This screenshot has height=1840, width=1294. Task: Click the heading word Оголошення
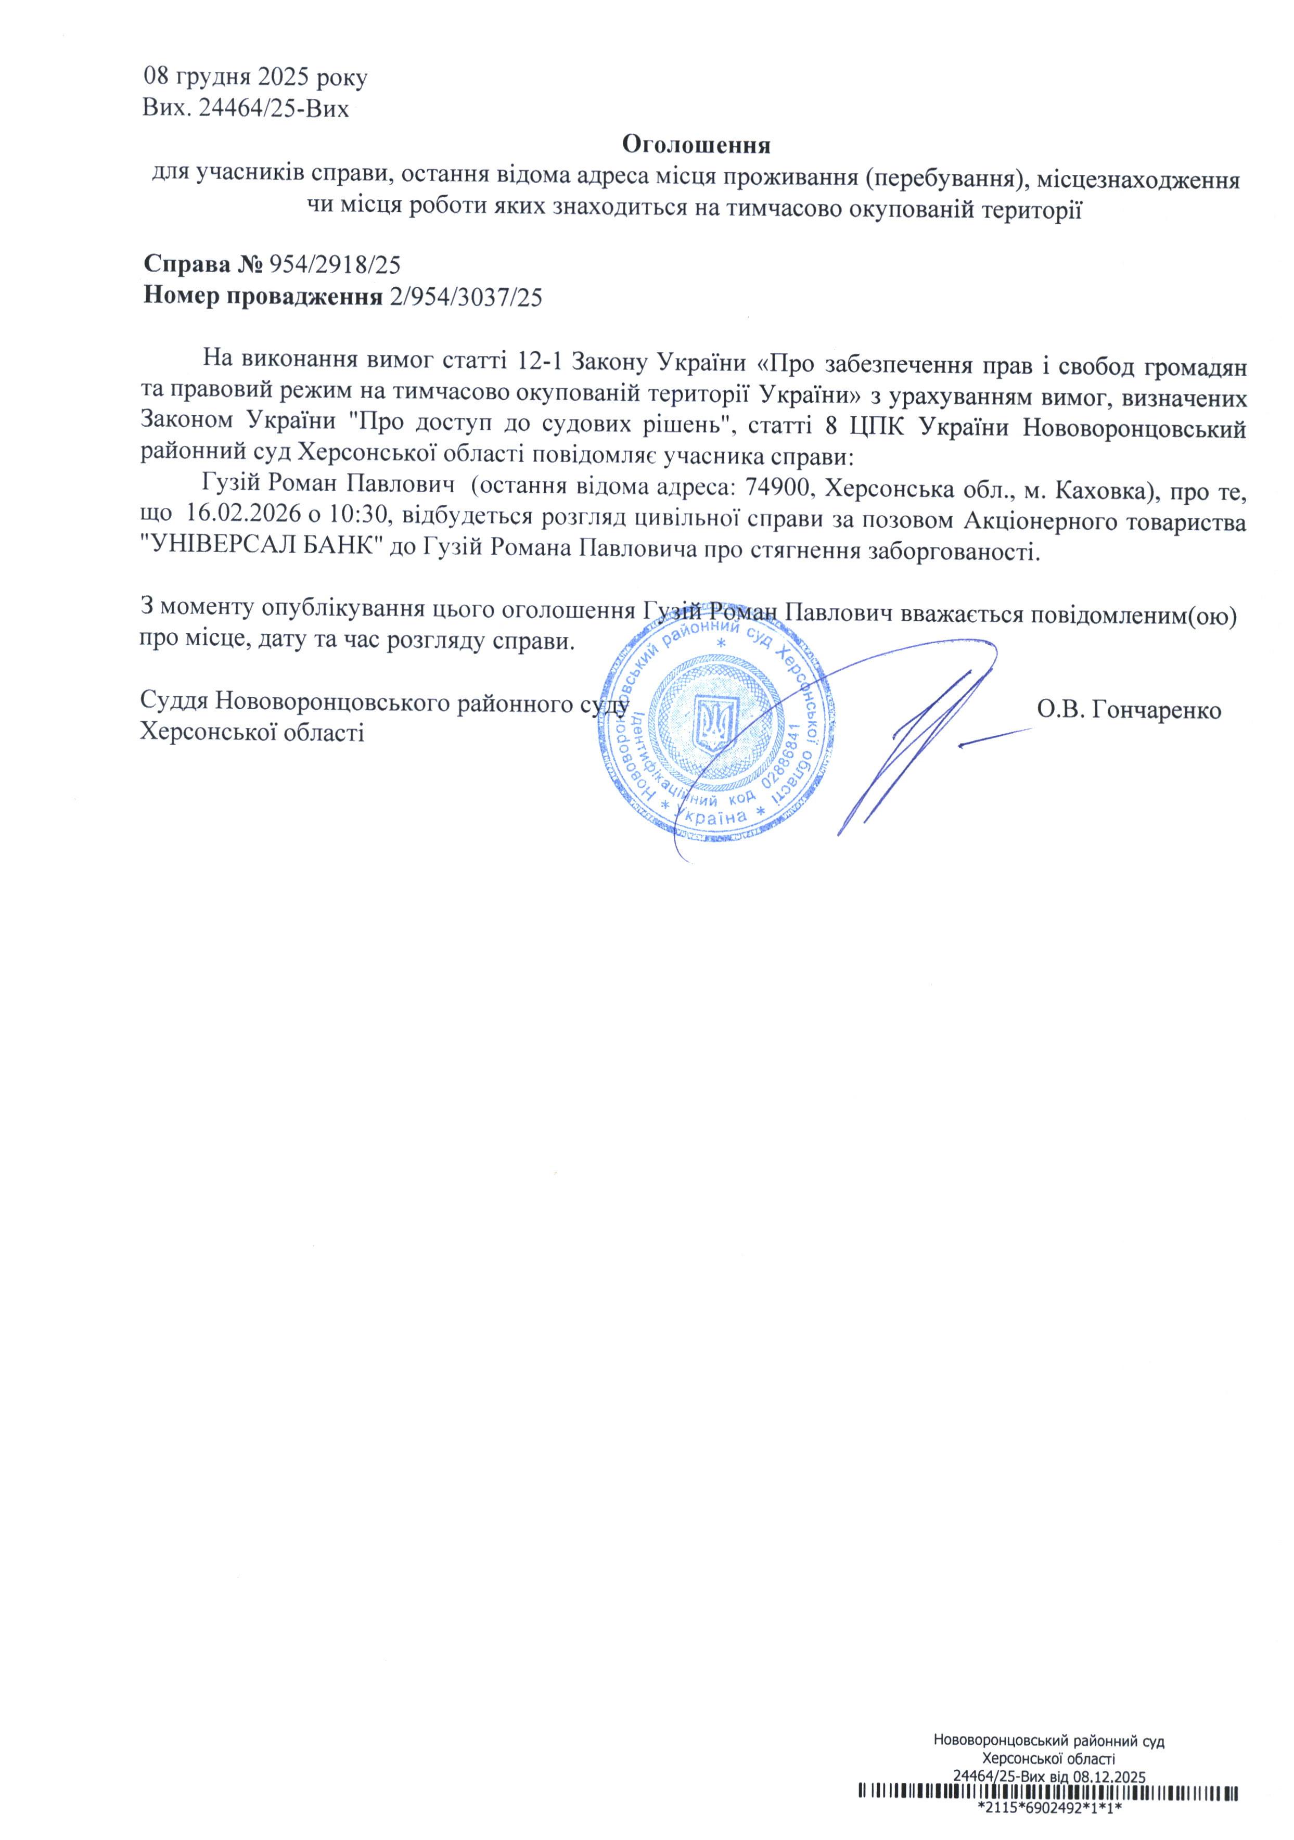696,145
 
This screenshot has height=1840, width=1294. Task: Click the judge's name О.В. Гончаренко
1128,710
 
